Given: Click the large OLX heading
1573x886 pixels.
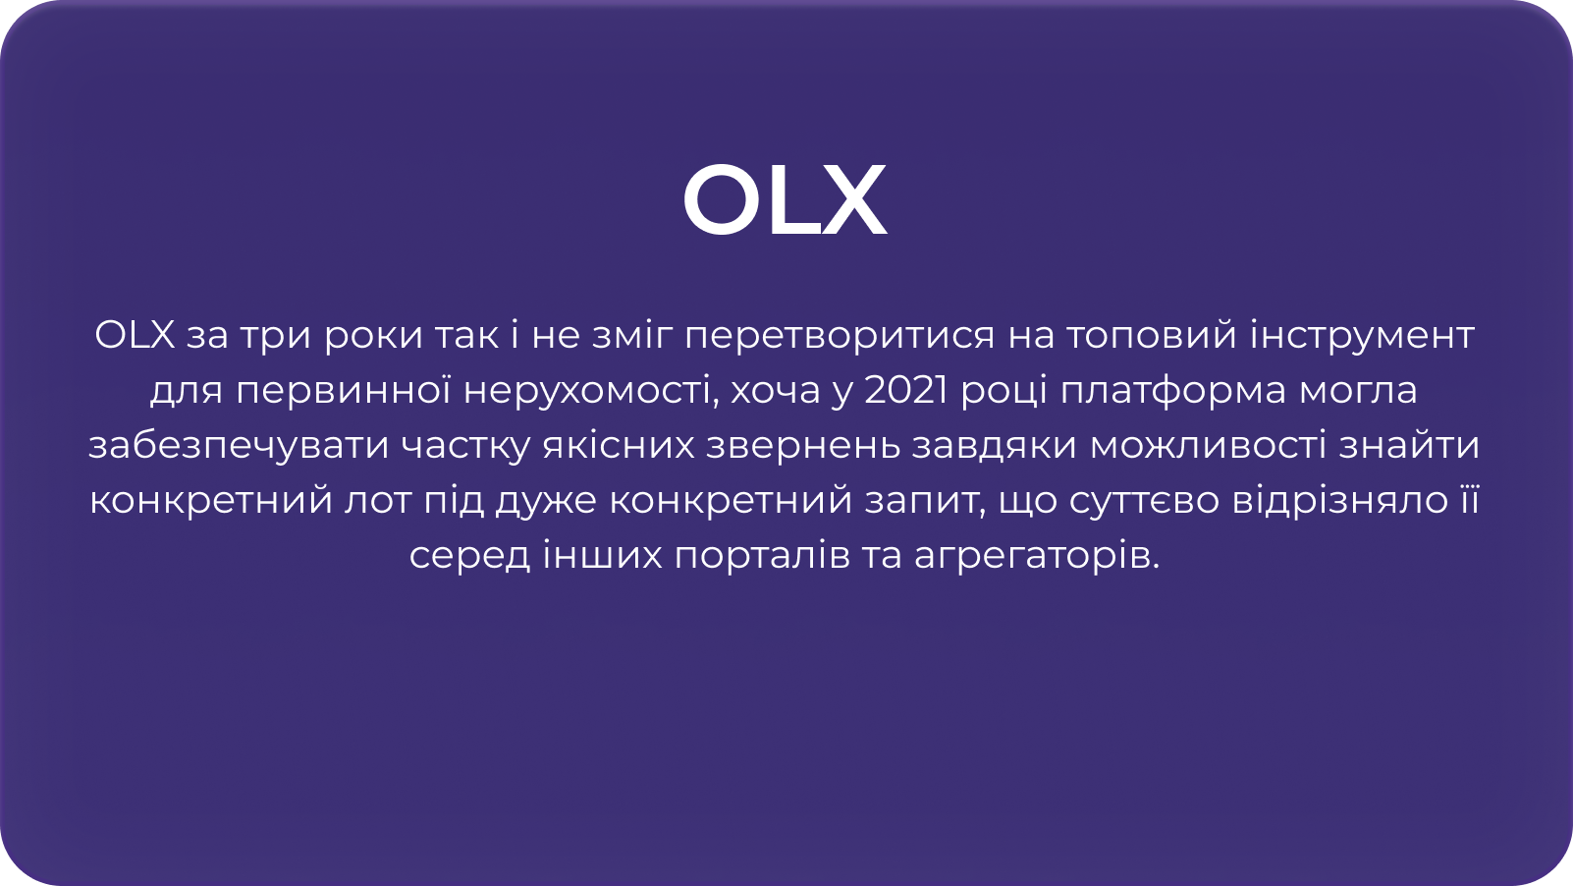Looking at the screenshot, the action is click(786, 200).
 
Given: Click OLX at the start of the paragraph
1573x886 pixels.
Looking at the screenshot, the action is click(135, 335).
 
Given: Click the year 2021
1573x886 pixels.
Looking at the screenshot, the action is click(906, 391).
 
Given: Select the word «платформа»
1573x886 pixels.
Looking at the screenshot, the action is click(1173, 391).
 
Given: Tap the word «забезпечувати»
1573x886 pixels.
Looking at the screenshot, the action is click(239, 447).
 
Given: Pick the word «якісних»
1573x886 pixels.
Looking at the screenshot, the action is click(619, 446).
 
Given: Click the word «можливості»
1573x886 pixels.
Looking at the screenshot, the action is click(1208, 446).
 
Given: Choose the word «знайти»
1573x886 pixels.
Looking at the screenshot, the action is click(1409, 445).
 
